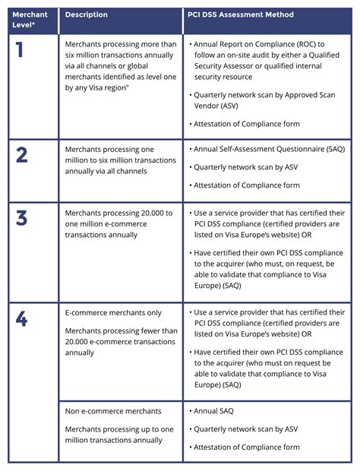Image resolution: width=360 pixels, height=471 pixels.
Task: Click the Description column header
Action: [x=87, y=14]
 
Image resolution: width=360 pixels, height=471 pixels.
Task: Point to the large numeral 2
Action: [x=21, y=155]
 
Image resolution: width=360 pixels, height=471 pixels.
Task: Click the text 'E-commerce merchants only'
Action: [x=112, y=311]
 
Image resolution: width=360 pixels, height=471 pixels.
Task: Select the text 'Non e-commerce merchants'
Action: [x=113, y=411]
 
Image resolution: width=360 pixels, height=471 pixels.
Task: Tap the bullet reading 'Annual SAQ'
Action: [x=215, y=411]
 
